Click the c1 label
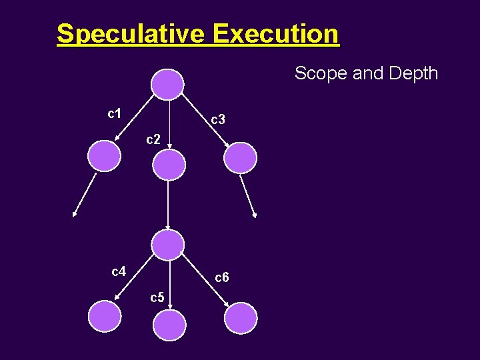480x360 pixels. [114, 113]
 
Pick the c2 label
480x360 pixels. [153, 139]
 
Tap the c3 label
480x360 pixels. [218, 120]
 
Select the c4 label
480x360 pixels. [119, 271]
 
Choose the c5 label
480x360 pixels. [157, 297]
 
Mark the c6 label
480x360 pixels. [222, 277]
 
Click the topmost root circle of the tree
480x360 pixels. [167, 85]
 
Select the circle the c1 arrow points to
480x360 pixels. [105, 157]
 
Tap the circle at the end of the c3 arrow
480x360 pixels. [240, 158]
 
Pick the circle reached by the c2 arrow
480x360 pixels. [169, 164]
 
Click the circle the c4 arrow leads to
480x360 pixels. [105, 317]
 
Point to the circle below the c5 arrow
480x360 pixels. [170, 326]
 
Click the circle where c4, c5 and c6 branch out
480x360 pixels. [167, 245]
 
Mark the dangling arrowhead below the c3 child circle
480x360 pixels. [255, 215]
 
